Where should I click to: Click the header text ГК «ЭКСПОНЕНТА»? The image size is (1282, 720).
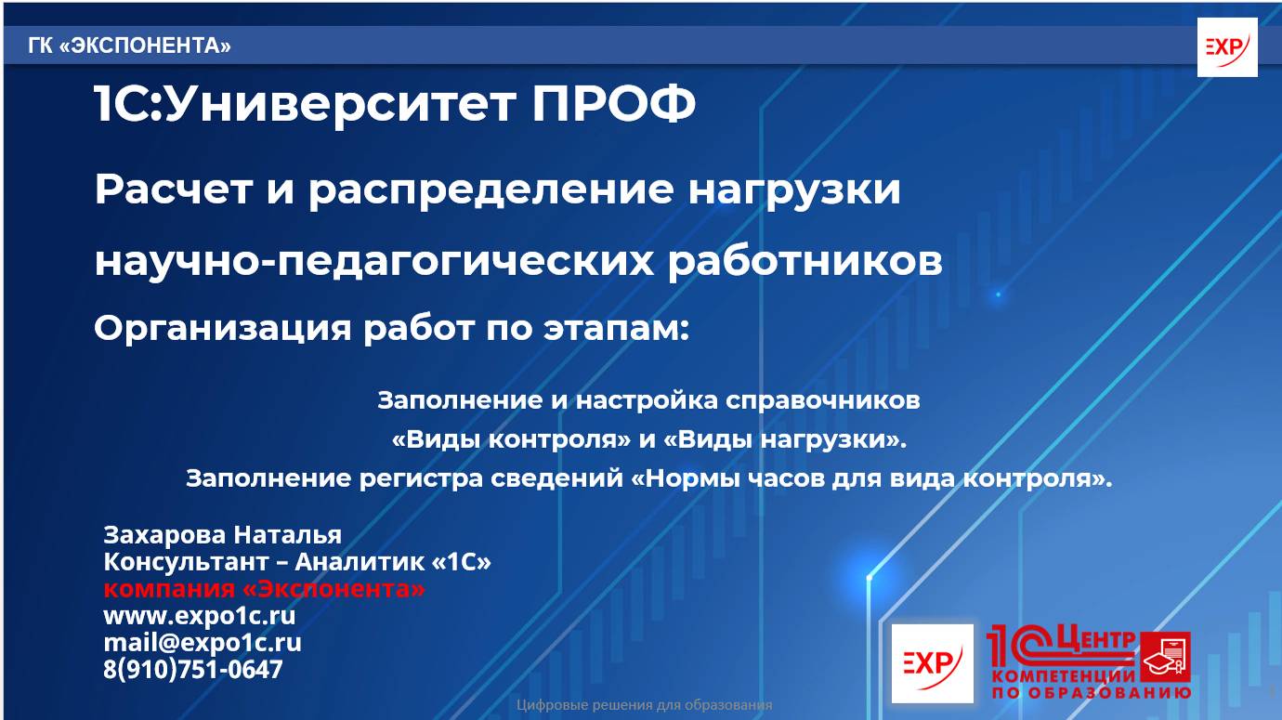(130, 46)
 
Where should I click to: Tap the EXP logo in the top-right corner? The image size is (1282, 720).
(1227, 47)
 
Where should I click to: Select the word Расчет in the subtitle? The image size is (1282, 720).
(174, 190)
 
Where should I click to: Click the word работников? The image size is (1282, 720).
(805, 261)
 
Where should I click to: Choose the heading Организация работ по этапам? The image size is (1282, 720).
(391, 328)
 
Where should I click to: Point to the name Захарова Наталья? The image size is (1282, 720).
(222, 535)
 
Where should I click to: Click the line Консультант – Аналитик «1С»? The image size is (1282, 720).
(297, 562)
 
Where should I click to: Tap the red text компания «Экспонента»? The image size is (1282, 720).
(265, 589)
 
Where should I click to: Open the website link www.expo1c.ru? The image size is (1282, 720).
(199, 616)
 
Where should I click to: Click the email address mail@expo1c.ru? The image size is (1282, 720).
(202, 643)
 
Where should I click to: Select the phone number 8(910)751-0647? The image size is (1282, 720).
(192, 670)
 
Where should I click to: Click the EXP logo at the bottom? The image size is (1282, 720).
(932, 663)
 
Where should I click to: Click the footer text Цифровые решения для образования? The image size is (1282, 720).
(644, 705)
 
